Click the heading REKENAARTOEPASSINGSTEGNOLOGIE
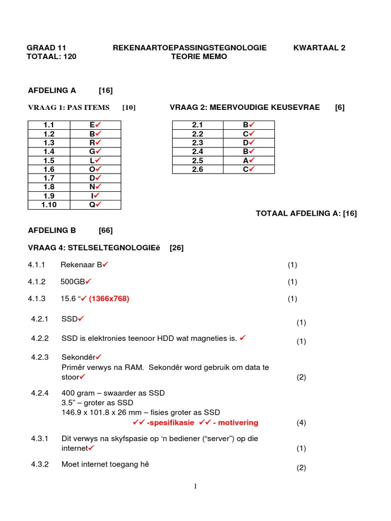tap(189, 48)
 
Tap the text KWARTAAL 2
tap(319, 48)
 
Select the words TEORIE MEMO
tap(199, 56)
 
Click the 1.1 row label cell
tap(49, 125)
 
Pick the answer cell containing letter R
tap(95, 142)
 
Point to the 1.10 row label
tap(49, 205)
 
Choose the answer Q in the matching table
tap(95, 205)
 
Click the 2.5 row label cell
tap(198, 160)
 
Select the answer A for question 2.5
tap(248, 160)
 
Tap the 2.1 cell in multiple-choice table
tap(198, 125)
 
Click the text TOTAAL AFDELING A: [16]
tap(306, 214)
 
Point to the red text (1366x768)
tap(109, 299)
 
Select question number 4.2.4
tap(39, 393)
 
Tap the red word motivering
tap(239, 422)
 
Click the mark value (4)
tap(301, 422)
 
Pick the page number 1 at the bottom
tap(195, 486)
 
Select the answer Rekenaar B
tap(84, 265)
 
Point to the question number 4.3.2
tap(39, 464)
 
